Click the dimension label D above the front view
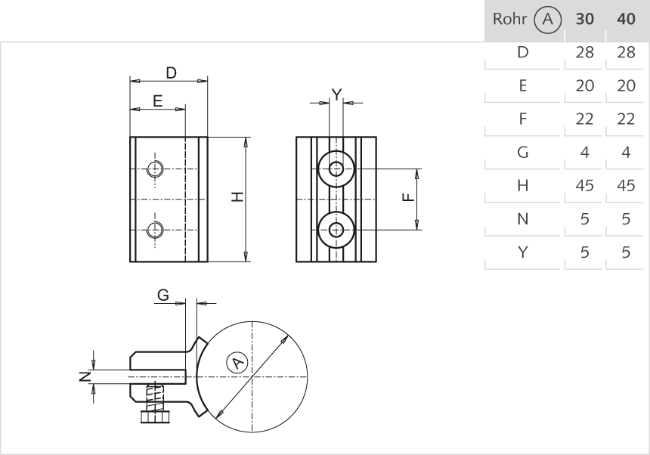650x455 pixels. click(x=172, y=73)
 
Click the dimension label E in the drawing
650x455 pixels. click(x=157, y=101)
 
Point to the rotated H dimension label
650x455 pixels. click(x=237, y=197)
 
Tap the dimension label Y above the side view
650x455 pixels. click(x=337, y=94)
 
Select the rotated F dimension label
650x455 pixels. click(x=407, y=198)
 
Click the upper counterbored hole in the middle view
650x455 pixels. click(x=336, y=168)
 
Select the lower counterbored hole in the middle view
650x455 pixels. click(x=336, y=229)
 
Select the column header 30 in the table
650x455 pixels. click(x=584, y=20)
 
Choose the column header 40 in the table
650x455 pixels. click(x=626, y=20)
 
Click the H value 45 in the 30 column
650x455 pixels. click(x=584, y=186)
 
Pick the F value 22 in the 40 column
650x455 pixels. click(x=626, y=119)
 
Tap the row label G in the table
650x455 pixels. click(x=522, y=153)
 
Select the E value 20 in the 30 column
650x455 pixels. click(x=584, y=86)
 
